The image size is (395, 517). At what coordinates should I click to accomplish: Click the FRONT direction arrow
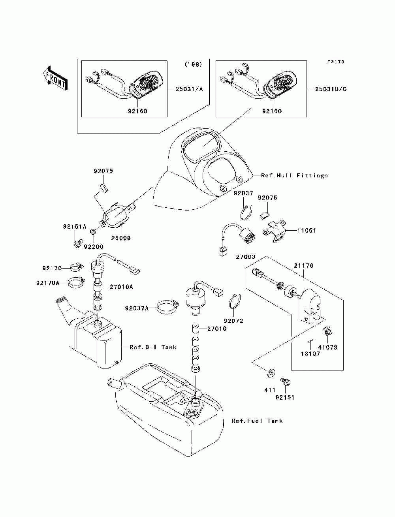pyautogui.click(x=56, y=78)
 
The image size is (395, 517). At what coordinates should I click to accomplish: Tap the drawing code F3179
pyautogui.click(x=336, y=62)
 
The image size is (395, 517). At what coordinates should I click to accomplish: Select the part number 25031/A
pyautogui.click(x=189, y=89)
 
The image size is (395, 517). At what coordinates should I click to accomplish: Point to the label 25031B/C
pyautogui.click(x=331, y=89)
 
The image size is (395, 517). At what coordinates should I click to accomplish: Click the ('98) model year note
pyautogui.click(x=194, y=64)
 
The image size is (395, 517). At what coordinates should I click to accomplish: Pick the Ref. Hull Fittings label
pyautogui.click(x=294, y=175)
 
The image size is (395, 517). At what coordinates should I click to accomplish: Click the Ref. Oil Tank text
pyautogui.click(x=153, y=347)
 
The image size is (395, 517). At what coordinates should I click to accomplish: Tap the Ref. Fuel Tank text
pyautogui.click(x=257, y=421)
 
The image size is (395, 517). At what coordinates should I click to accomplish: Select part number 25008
pyautogui.click(x=121, y=238)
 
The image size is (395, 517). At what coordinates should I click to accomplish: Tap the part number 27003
pyautogui.click(x=246, y=257)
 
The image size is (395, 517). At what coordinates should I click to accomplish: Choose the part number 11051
pyautogui.click(x=307, y=230)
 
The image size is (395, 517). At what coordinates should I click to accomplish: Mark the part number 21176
pyautogui.click(x=304, y=265)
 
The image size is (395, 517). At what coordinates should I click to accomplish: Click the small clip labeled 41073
pyautogui.click(x=327, y=331)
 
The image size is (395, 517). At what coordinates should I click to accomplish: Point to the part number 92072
pyautogui.click(x=233, y=321)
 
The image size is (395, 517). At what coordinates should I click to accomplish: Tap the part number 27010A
pyautogui.click(x=121, y=287)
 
